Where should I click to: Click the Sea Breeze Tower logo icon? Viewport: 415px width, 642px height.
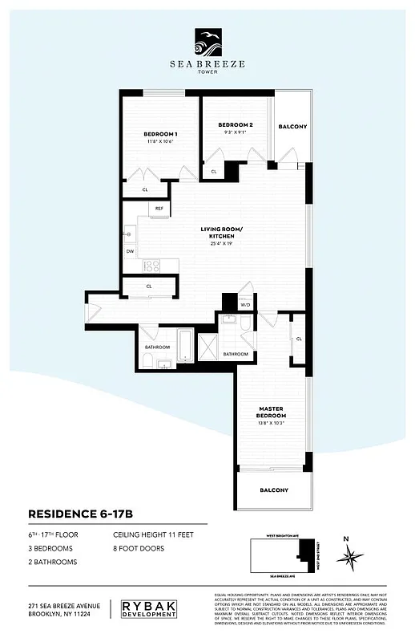click(207, 39)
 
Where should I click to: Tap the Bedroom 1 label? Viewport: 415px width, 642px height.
click(160, 133)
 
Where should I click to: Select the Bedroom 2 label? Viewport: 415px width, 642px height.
click(236, 125)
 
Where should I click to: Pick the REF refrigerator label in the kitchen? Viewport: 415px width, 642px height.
click(159, 209)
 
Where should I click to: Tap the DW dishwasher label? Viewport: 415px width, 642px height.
click(130, 251)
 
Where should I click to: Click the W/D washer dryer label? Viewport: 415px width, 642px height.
click(245, 305)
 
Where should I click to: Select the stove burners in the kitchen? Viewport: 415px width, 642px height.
click(151, 265)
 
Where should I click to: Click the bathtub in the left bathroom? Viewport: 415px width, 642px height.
click(184, 347)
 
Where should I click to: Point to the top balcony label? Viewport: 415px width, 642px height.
click(292, 127)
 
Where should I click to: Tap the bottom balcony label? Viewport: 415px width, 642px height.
click(273, 490)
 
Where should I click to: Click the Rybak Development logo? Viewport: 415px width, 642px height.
click(148, 609)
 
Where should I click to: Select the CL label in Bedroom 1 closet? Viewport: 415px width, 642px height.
click(145, 189)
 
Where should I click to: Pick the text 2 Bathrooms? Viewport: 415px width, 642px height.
click(53, 562)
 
